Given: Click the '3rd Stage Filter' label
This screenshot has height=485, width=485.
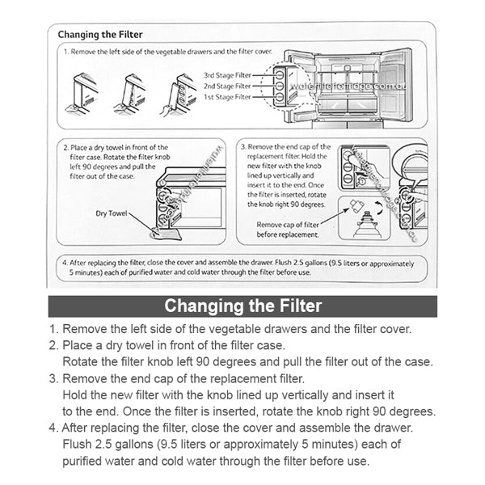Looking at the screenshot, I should tap(227, 74).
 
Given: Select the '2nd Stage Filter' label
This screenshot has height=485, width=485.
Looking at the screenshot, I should tap(227, 85).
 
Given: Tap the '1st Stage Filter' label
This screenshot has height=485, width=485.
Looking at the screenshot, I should tap(227, 96).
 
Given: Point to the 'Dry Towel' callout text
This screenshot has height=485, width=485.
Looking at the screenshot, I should tap(111, 214).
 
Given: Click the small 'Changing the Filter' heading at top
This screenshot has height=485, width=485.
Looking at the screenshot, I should tap(101, 35).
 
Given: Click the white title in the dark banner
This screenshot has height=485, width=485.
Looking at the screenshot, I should tap(242, 306).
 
